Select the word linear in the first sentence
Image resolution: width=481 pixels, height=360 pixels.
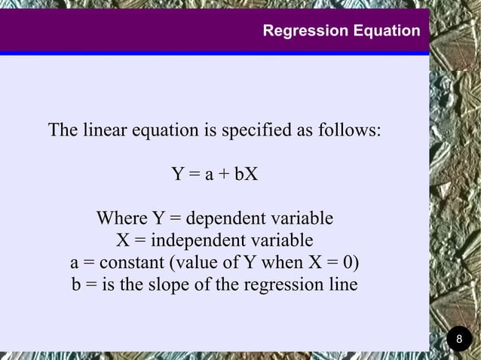(x=104, y=130)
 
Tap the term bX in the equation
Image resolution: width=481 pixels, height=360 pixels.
(x=246, y=175)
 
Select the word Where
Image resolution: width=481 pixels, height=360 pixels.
(x=121, y=219)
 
